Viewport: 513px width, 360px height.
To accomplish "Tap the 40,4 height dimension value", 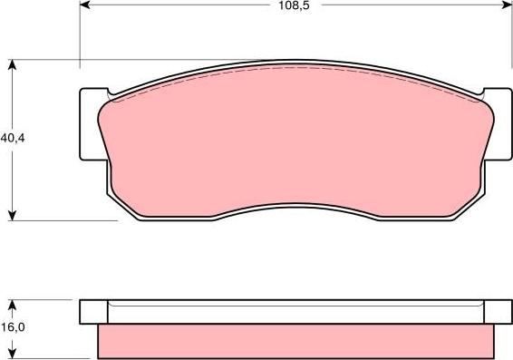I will [12, 139].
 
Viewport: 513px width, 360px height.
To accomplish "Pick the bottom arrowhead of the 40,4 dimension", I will [12, 215].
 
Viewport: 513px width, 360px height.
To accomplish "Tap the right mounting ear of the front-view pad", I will [498, 125].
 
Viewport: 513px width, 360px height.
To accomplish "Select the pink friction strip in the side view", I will [295, 342].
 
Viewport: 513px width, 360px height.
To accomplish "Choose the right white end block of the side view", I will [498, 311].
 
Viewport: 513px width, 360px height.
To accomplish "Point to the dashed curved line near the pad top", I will [295, 69].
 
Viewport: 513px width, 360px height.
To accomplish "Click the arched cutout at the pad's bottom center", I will [295, 207].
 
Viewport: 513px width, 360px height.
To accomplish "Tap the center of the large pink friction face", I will [295, 141].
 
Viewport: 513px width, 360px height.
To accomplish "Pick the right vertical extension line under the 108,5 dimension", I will [509, 45].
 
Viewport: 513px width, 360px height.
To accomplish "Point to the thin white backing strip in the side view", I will [295, 316].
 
